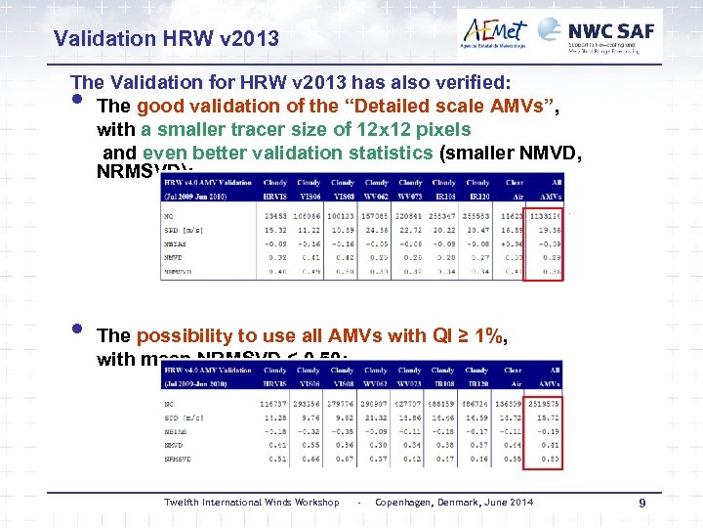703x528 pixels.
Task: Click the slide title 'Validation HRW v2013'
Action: click(x=166, y=39)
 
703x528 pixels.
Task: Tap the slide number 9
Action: click(x=642, y=504)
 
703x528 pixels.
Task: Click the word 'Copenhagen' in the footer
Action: click(x=405, y=503)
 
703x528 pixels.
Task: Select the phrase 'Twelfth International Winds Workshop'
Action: click(x=251, y=503)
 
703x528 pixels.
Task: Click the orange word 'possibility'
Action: click(x=190, y=336)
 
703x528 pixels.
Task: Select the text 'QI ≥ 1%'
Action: click(x=471, y=336)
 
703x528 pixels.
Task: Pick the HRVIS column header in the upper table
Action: click(x=274, y=195)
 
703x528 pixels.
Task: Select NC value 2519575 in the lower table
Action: click(x=543, y=403)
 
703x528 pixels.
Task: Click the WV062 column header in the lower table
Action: click(x=375, y=383)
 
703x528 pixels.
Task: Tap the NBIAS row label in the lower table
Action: click(x=177, y=429)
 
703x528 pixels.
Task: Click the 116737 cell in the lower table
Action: click(x=274, y=403)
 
